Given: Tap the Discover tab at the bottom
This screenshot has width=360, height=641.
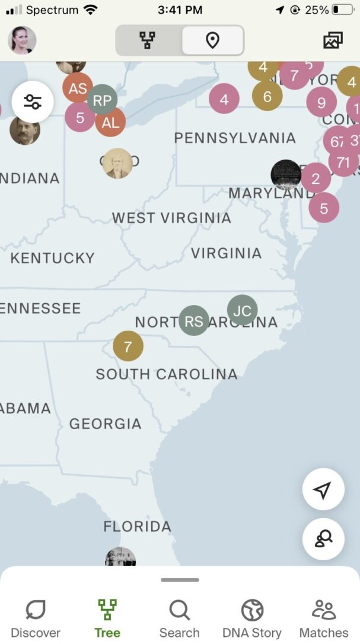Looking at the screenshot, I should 36,618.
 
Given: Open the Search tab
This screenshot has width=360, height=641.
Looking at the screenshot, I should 179,618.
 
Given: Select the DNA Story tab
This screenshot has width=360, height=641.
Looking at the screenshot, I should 252,618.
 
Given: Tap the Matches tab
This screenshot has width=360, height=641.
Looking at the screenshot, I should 324,618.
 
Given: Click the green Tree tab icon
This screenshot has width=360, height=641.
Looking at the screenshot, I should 107,610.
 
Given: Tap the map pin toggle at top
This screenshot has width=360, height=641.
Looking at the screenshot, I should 212,40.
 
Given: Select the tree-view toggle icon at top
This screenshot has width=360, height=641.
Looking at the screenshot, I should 148,40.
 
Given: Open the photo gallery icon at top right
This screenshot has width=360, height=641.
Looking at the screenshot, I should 333,40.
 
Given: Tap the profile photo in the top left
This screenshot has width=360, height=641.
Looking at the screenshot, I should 22,40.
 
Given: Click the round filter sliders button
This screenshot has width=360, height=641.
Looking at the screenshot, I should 33,102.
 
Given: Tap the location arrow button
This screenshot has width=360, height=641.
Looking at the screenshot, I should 323,490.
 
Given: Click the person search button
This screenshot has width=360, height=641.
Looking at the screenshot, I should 323,539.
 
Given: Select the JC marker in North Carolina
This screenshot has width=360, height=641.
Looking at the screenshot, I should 242,310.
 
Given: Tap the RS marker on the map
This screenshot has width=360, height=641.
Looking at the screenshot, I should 194,321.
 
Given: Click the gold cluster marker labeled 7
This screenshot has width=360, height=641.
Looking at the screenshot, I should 128,346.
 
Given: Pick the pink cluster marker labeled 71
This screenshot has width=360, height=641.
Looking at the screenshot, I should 343,161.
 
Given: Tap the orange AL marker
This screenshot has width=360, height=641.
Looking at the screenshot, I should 111,123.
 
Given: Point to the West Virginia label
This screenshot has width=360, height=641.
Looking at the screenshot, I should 171,218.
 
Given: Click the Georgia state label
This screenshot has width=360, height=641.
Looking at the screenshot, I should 105,424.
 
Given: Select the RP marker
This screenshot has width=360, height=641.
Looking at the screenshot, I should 102,100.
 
